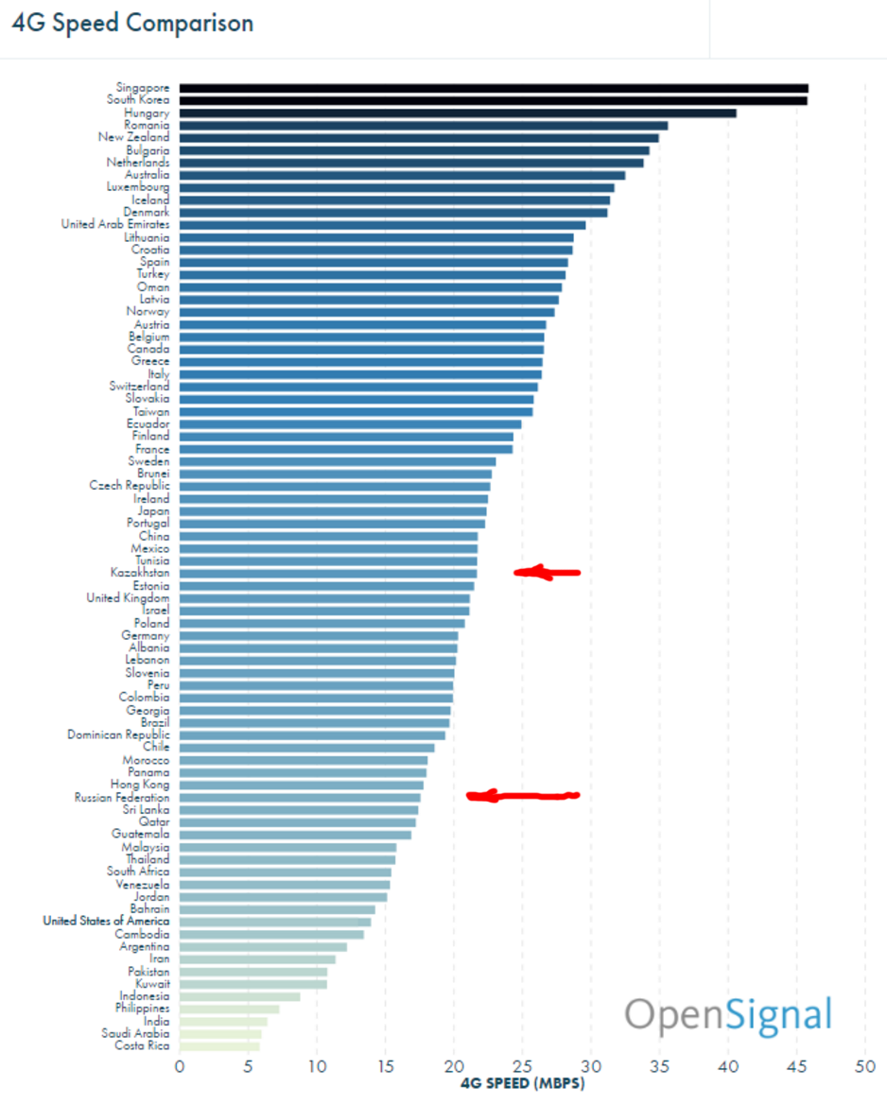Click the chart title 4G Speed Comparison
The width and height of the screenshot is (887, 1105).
(132, 24)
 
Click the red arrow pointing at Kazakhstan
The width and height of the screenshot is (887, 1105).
(547, 572)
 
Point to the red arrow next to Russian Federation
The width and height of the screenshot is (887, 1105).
(522, 796)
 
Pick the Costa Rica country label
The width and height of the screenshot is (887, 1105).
(142, 1045)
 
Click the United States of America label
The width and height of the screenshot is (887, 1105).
(106, 921)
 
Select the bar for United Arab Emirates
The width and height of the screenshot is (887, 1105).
(382, 225)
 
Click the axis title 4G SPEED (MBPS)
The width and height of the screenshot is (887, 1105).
(522, 1084)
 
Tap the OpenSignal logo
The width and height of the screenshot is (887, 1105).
(728, 1015)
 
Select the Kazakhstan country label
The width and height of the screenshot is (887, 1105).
(140, 573)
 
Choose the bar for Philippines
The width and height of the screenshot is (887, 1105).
(229, 1009)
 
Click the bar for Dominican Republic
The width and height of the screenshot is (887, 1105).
(312, 734)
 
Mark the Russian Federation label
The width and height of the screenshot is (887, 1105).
(122, 798)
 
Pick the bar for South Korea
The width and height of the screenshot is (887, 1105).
(493, 100)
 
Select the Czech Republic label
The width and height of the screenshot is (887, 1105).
(130, 486)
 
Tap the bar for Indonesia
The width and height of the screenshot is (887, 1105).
(239, 996)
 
